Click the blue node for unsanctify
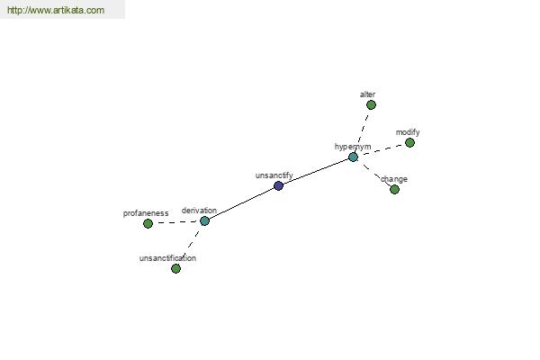(x=278, y=186)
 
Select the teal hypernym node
(x=353, y=157)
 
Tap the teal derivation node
(x=204, y=220)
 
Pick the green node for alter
(x=371, y=104)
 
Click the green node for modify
(x=409, y=142)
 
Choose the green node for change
(x=395, y=189)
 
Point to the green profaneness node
(x=148, y=223)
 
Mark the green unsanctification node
(x=175, y=268)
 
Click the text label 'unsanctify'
(x=274, y=175)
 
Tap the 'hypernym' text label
(x=353, y=147)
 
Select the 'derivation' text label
(x=199, y=211)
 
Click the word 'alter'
(x=367, y=94)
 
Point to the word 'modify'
(x=408, y=132)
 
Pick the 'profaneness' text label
(x=146, y=213)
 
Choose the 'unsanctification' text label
(x=167, y=258)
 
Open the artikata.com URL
(x=56, y=10)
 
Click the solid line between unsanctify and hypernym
(x=316, y=172)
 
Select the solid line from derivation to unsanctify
(x=241, y=203)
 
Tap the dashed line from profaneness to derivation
(x=176, y=222)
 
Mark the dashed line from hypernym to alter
(x=362, y=130)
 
